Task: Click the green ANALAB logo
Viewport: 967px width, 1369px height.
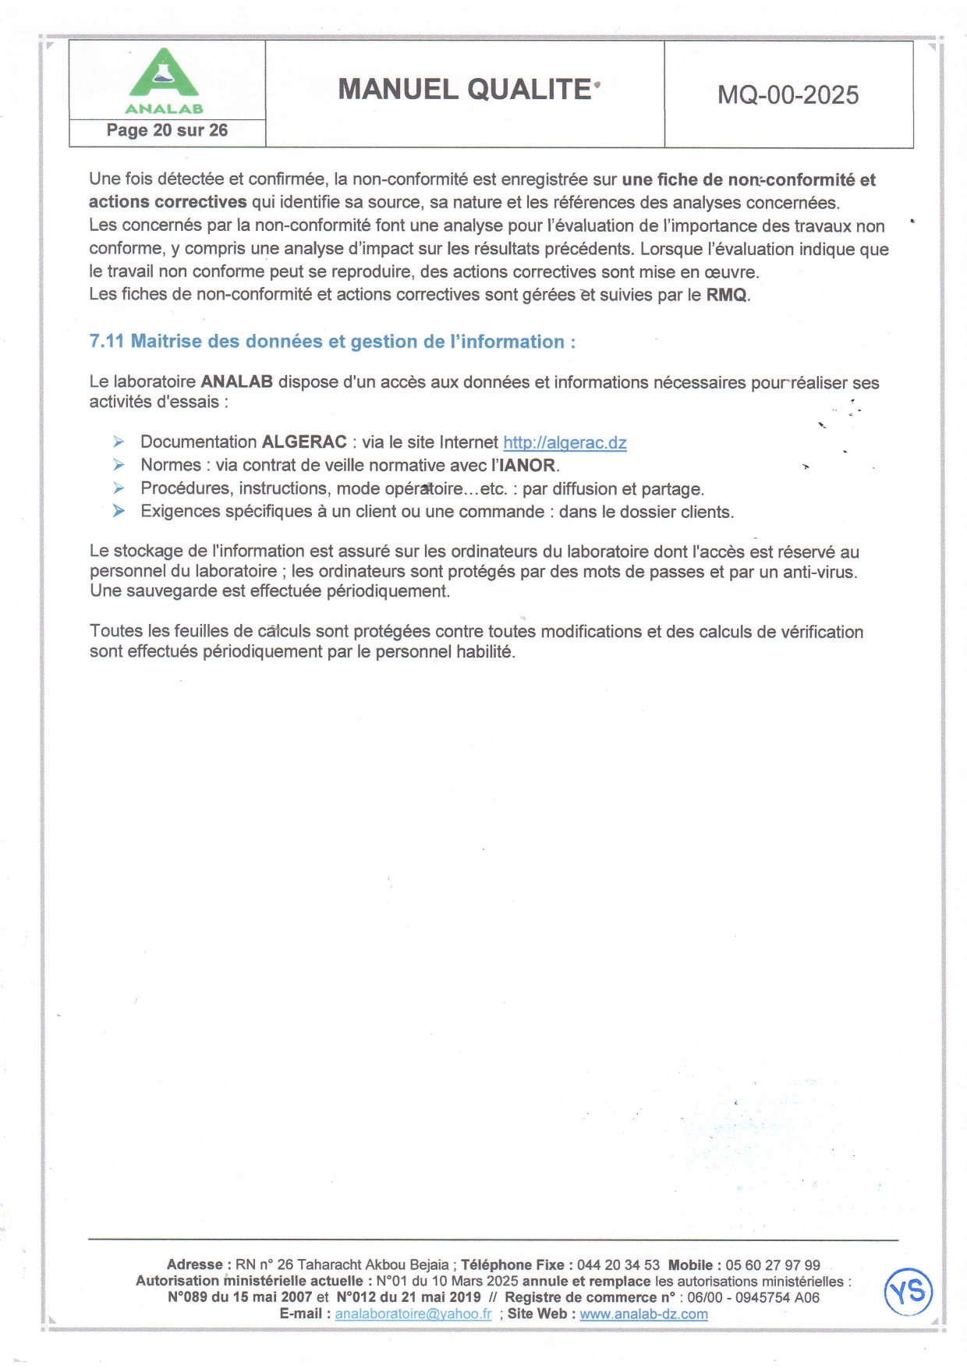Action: pos(164,80)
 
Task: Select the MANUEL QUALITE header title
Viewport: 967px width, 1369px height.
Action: pos(465,90)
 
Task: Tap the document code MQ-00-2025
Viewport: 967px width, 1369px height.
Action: pos(788,95)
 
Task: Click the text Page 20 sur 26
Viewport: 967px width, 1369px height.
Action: pos(167,130)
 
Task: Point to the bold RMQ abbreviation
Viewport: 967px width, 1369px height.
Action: pos(727,295)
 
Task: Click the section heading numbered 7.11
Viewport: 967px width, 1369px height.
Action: pos(332,342)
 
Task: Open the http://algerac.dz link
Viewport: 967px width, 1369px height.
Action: pos(565,443)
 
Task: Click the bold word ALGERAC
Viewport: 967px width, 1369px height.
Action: pos(304,442)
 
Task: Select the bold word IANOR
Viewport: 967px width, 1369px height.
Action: pos(527,466)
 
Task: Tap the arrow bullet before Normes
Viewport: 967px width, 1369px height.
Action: pos(119,465)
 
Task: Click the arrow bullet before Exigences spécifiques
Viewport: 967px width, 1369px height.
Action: pos(119,512)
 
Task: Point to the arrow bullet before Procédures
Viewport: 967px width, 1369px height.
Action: pos(119,488)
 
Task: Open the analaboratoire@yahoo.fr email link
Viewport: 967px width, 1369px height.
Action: pos(413,1314)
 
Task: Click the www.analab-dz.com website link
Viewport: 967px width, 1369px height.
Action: pos(643,1314)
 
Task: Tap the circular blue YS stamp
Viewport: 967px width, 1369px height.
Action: pos(909,1292)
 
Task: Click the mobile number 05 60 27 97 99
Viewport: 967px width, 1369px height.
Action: pos(773,1265)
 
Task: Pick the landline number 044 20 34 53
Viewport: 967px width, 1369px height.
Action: pos(618,1265)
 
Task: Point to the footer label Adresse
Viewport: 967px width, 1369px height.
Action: pos(195,1265)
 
